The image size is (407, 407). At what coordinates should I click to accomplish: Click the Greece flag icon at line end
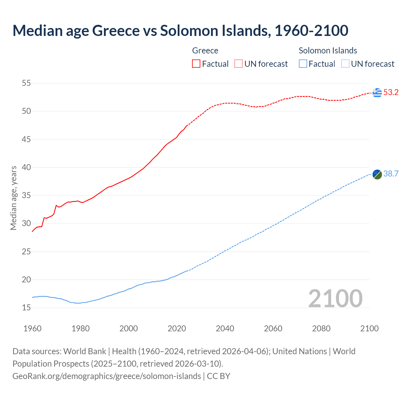pos(377,93)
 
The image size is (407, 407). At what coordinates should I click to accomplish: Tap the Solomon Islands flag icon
pos(377,174)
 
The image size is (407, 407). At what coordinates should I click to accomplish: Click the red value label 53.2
pos(391,93)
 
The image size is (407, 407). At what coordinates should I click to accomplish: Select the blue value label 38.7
pos(391,174)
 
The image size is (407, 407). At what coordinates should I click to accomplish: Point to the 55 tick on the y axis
pos(26,83)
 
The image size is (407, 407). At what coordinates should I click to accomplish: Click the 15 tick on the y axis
pos(26,308)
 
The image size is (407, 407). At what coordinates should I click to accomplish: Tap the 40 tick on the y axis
pos(26,168)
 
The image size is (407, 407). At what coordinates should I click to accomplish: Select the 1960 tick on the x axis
pos(32,328)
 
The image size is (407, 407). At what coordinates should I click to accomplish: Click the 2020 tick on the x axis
pos(177,328)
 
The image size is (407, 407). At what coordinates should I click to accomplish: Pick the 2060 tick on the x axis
pos(273,328)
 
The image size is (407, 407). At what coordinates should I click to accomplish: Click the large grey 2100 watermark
pos(335,299)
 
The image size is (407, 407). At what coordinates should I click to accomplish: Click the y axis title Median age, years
pos(14,198)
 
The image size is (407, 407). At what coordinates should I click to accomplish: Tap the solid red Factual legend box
pos(196,64)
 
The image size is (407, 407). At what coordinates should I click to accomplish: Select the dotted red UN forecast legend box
pos(238,64)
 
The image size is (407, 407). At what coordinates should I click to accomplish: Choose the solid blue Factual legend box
pos(303,64)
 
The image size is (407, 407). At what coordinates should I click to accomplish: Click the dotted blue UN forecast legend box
pos(345,64)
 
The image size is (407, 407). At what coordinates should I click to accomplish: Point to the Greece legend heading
pos(205,51)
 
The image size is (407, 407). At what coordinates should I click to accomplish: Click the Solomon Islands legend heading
pos(328,51)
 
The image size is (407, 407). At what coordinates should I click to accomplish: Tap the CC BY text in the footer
pos(218,376)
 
